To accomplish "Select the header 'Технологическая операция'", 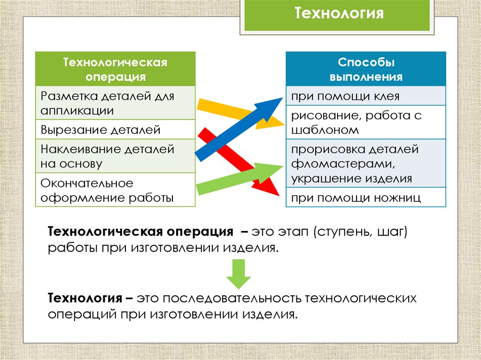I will click(115, 69).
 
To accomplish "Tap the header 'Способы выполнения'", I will click(366, 69).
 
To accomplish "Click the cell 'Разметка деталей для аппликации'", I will click(115, 103).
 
